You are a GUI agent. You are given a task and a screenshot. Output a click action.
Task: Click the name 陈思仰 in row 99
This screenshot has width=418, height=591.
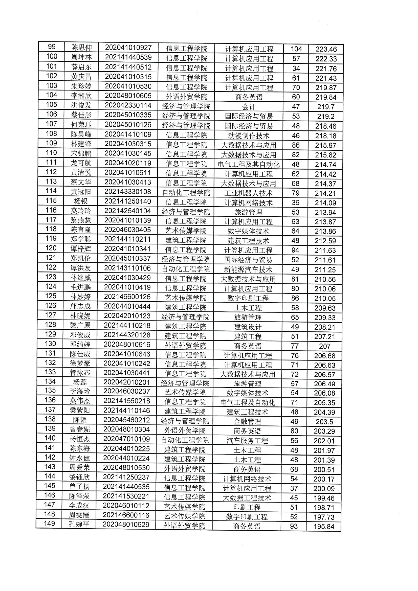click(x=81, y=47)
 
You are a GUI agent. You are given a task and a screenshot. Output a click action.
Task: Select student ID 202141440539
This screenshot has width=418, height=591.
click(x=128, y=57)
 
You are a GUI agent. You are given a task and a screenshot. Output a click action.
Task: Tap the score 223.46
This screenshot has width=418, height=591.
click(x=326, y=49)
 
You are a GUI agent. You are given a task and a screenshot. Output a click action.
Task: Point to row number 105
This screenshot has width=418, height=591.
click(x=51, y=104)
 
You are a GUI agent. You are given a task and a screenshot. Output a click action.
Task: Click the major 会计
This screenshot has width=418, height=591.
click(x=249, y=107)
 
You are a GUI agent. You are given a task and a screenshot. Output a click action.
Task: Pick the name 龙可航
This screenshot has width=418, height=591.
click(x=81, y=163)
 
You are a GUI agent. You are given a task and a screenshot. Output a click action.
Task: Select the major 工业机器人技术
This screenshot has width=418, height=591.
click(x=248, y=193)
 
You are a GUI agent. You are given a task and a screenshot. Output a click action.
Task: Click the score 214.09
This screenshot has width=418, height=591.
click(x=325, y=203)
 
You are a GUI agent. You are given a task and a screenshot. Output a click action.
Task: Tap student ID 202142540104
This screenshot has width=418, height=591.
click(x=127, y=211)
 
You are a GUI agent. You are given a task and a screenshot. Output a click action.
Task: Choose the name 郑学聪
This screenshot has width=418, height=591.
click(x=81, y=239)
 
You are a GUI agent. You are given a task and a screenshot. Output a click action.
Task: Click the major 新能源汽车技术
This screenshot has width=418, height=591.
click(x=248, y=269)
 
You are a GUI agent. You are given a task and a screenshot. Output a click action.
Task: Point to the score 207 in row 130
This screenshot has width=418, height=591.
click(x=324, y=346)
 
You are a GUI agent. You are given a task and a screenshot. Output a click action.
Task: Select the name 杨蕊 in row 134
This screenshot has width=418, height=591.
click(x=80, y=382)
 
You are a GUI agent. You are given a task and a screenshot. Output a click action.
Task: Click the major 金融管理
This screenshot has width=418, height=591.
click(x=247, y=422)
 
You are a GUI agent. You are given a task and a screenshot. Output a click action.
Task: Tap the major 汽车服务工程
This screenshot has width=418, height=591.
click(x=247, y=441)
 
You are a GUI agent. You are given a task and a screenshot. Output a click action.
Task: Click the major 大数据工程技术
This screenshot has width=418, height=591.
click(x=247, y=498)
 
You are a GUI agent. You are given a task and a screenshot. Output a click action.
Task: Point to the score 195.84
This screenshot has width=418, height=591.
click(x=324, y=527)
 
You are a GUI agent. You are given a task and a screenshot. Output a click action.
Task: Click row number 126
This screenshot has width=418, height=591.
click(x=51, y=306)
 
